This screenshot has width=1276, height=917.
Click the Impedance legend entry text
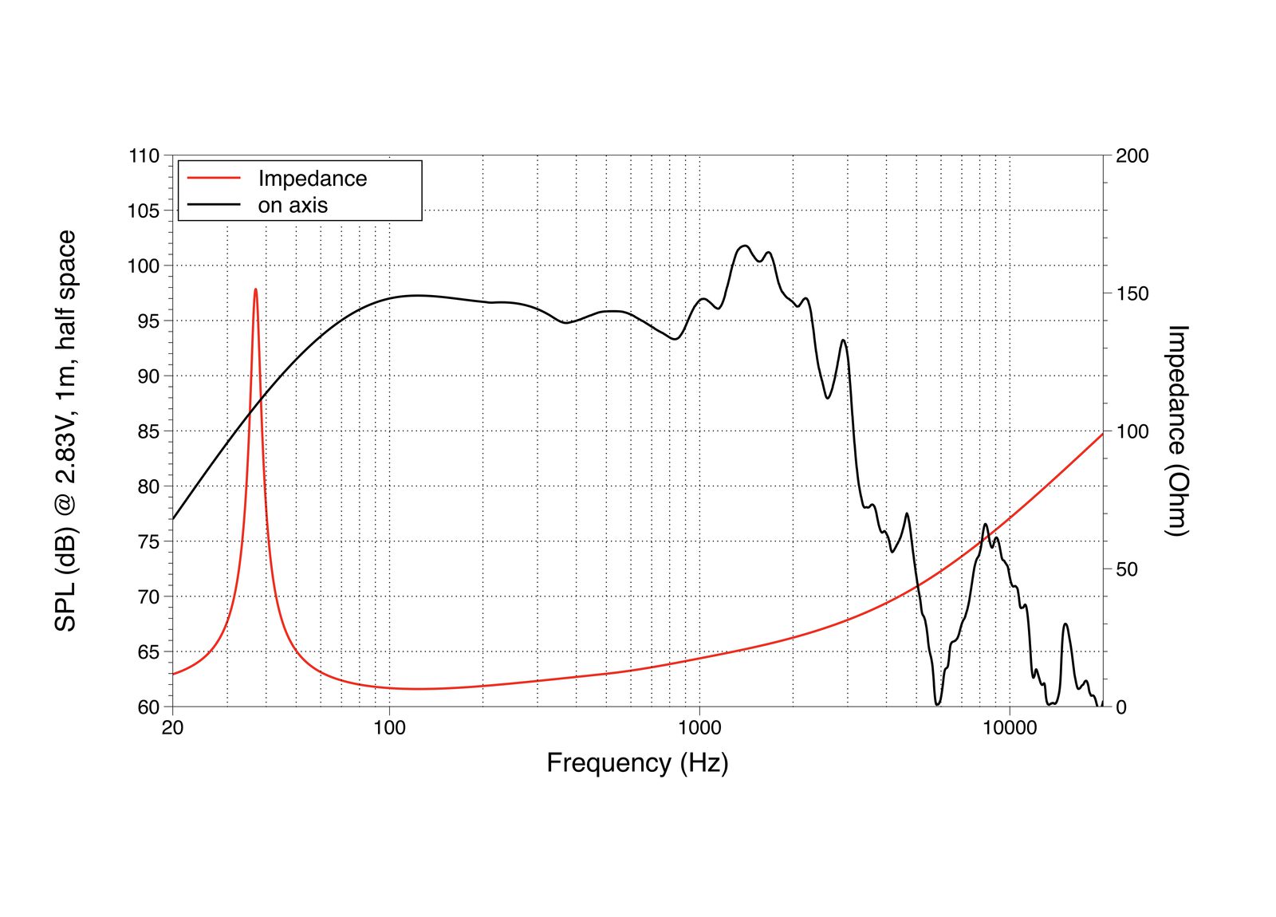coord(312,179)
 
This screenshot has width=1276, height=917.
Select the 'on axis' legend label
coord(293,205)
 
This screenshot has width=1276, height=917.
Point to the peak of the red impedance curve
coord(255,289)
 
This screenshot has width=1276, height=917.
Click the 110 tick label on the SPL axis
coord(144,156)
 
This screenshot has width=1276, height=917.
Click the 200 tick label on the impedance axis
coord(1132,156)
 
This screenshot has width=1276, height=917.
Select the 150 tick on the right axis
coord(1132,293)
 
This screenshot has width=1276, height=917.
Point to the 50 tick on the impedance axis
coord(1126,569)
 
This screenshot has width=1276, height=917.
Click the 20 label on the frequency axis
coord(172,727)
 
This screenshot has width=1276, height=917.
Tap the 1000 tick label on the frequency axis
coord(699,727)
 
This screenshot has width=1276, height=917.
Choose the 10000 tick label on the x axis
coord(1009,727)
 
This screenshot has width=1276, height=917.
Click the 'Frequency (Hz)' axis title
coord(637,763)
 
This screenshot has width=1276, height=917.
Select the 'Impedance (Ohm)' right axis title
coord(1177,431)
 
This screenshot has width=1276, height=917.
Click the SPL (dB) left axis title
coord(65,431)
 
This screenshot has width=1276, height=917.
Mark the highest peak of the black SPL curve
coord(745,246)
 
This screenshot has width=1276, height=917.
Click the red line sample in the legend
coord(213,179)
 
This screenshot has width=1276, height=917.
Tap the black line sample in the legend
coord(213,205)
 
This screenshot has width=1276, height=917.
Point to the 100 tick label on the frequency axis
coord(389,727)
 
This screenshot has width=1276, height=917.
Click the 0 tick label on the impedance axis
coord(1120,707)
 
